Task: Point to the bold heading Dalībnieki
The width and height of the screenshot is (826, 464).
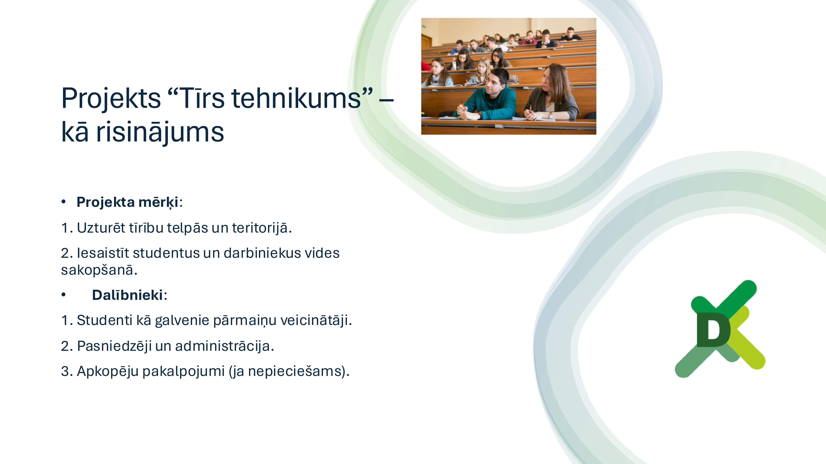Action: [x=128, y=295]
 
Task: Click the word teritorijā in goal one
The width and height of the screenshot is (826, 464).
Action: [x=262, y=228]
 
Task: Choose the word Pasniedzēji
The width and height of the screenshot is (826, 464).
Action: [x=114, y=346]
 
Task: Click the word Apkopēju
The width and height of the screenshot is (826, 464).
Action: [x=108, y=371]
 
